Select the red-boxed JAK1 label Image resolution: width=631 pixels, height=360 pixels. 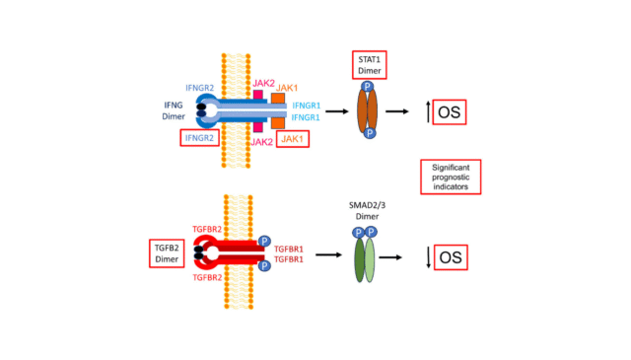coord(291,138)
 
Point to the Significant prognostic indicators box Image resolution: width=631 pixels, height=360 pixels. coord(450,177)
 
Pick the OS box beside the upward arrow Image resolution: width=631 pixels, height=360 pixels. coord(449,111)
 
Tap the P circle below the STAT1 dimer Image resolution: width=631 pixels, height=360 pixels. coord(368,134)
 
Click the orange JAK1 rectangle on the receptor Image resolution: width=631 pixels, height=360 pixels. coord(278,110)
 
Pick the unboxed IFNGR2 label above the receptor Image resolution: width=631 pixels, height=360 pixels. coord(201,87)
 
